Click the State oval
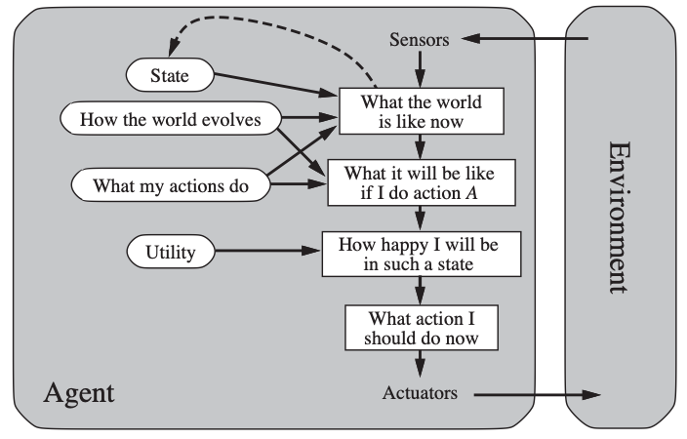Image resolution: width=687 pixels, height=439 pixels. [x=170, y=75]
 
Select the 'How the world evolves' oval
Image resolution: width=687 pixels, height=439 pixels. [x=171, y=118]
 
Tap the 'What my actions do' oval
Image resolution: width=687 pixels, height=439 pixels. [x=171, y=185]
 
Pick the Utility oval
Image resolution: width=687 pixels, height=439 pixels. [x=171, y=252]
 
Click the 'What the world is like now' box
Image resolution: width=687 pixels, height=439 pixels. [x=422, y=111]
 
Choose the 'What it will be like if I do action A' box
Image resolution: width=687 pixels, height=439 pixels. [x=422, y=182]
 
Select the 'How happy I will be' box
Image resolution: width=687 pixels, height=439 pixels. [x=422, y=254]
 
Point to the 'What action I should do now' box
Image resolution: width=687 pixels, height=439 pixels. [x=422, y=328]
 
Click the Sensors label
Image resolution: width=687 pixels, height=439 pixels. [x=420, y=39]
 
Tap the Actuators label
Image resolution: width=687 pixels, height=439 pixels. [x=420, y=392]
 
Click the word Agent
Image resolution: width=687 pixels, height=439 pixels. [x=79, y=392]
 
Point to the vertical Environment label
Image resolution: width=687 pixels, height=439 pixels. [x=620, y=218]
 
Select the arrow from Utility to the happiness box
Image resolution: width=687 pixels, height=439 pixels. [x=268, y=251]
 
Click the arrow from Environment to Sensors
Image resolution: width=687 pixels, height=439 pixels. [x=525, y=39]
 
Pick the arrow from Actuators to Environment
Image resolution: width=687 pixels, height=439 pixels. [x=537, y=395]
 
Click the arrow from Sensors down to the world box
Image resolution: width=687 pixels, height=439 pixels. [x=421, y=69]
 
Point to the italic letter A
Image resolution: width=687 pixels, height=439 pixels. [x=471, y=193]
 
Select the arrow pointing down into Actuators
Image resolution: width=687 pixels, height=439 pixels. [x=421, y=364]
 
